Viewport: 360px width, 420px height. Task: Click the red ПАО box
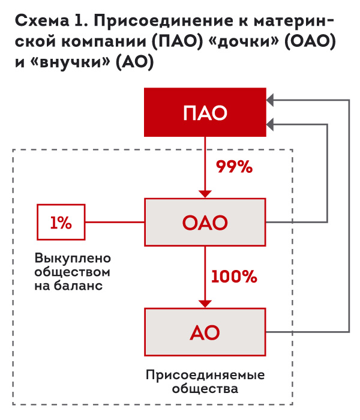pos(205,112)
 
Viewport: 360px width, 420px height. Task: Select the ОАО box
pos(205,223)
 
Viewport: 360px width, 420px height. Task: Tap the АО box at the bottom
pos(205,331)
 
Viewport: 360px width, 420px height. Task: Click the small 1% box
pos(61,223)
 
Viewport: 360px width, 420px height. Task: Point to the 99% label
pos(235,167)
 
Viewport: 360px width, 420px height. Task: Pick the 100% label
pos(233,277)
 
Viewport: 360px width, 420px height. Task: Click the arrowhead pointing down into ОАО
pos(205,193)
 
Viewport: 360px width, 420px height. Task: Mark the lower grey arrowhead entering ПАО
pos(271,124)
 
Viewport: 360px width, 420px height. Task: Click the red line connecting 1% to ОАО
pos(115,223)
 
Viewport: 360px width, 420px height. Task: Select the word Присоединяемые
pos(205,375)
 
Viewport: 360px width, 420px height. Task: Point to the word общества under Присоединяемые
pos(205,388)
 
